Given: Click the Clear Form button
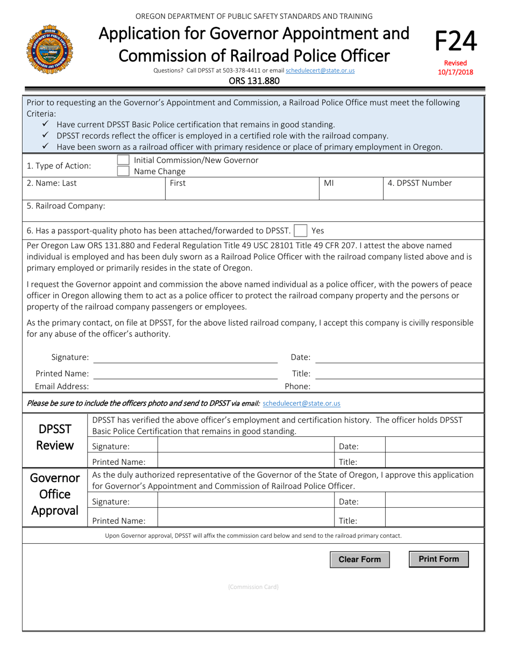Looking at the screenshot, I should click(359, 559).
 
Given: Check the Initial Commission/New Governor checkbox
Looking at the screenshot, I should click(123, 160).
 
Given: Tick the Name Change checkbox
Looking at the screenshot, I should click(123, 171).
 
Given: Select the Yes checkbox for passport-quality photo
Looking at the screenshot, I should click(301, 231).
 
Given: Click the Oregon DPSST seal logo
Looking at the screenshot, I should click(49, 49).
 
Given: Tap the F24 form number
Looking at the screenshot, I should click(455, 41).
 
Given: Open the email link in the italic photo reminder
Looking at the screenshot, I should click(301, 403).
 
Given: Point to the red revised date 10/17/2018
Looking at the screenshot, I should click(455, 71).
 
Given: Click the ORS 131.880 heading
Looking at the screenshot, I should click(254, 81).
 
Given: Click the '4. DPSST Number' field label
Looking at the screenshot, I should click(420, 183).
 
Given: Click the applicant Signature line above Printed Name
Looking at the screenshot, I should click(186, 357).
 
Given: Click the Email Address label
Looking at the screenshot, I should click(62, 386).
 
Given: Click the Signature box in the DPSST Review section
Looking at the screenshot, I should click(246, 446).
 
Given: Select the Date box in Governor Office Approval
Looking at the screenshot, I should click(434, 502).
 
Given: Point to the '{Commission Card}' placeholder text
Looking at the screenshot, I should click(253, 587).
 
